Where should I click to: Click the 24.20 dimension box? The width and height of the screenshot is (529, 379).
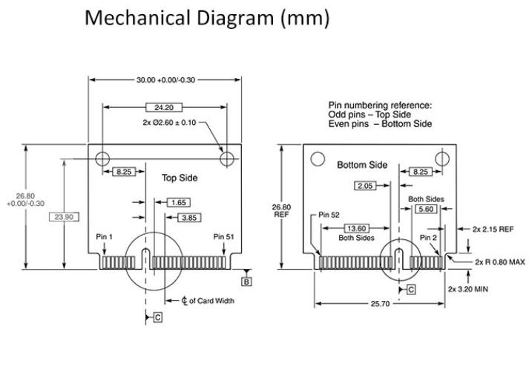coord(164,108)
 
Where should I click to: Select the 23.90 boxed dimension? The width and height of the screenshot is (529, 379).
coord(64,217)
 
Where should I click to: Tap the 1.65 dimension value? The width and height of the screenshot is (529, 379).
coord(179,203)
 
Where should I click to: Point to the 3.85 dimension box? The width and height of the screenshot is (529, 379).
coord(189,218)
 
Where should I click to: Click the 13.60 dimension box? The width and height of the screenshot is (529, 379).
coord(356,228)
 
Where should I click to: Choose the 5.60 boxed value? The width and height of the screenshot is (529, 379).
coord(426,209)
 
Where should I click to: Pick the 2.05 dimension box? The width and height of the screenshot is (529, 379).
coord(365,186)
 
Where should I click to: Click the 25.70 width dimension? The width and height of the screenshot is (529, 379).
coord(380,304)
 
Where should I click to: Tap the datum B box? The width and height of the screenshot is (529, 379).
coord(246,282)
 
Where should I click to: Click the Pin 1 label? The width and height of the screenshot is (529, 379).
coord(105,237)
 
